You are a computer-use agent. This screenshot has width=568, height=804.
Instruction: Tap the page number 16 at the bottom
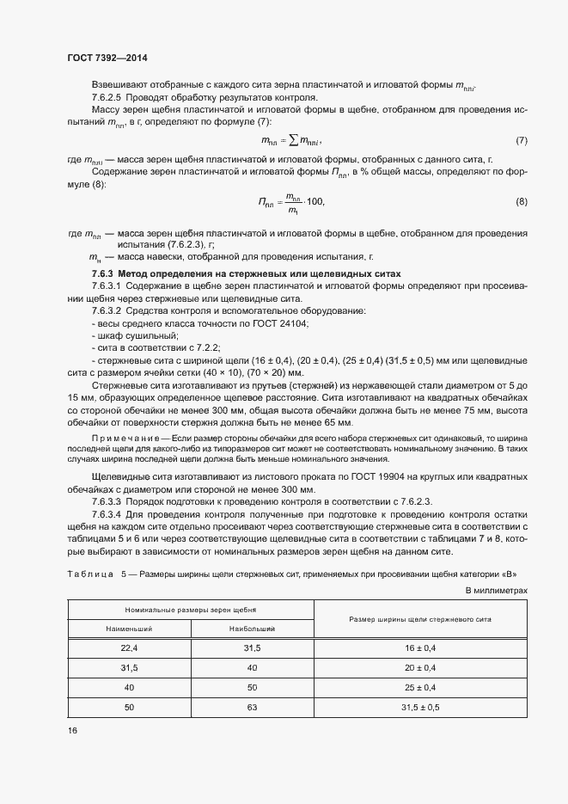[x=72, y=730]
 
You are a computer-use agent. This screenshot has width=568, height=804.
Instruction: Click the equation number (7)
[x=521, y=140]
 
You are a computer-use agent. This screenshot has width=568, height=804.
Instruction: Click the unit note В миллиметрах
[x=496, y=590]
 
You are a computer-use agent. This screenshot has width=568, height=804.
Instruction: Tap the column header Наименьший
[x=128, y=630]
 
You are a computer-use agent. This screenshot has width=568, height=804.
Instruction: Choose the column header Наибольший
[x=251, y=630]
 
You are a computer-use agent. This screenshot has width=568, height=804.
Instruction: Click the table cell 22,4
[x=129, y=647]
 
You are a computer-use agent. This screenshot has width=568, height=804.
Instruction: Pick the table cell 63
[x=252, y=707]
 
